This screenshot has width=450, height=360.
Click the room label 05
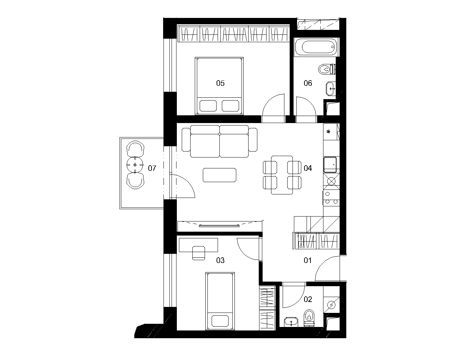click(x=220, y=83)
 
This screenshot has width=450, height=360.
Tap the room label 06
click(x=308, y=83)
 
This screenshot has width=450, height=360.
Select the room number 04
click(x=308, y=168)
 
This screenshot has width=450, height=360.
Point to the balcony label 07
click(x=152, y=168)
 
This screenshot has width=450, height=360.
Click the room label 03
click(x=220, y=261)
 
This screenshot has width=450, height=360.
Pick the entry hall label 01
click(x=308, y=261)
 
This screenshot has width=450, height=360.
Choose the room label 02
click(x=308, y=299)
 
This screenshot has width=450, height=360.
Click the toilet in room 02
click(x=309, y=318)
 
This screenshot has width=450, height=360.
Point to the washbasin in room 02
click(x=291, y=322)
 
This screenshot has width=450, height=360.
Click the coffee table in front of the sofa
click(x=220, y=175)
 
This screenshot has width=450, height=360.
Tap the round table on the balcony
click(x=135, y=165)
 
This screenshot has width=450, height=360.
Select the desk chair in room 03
click(x=198, y=253)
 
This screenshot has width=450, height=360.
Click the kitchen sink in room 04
click(x=330, y=165)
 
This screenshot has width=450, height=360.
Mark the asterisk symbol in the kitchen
click(x=328, y=131)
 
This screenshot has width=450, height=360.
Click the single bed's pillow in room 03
click(x=220, y=321)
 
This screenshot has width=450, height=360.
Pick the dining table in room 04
click(x=282, y=175)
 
